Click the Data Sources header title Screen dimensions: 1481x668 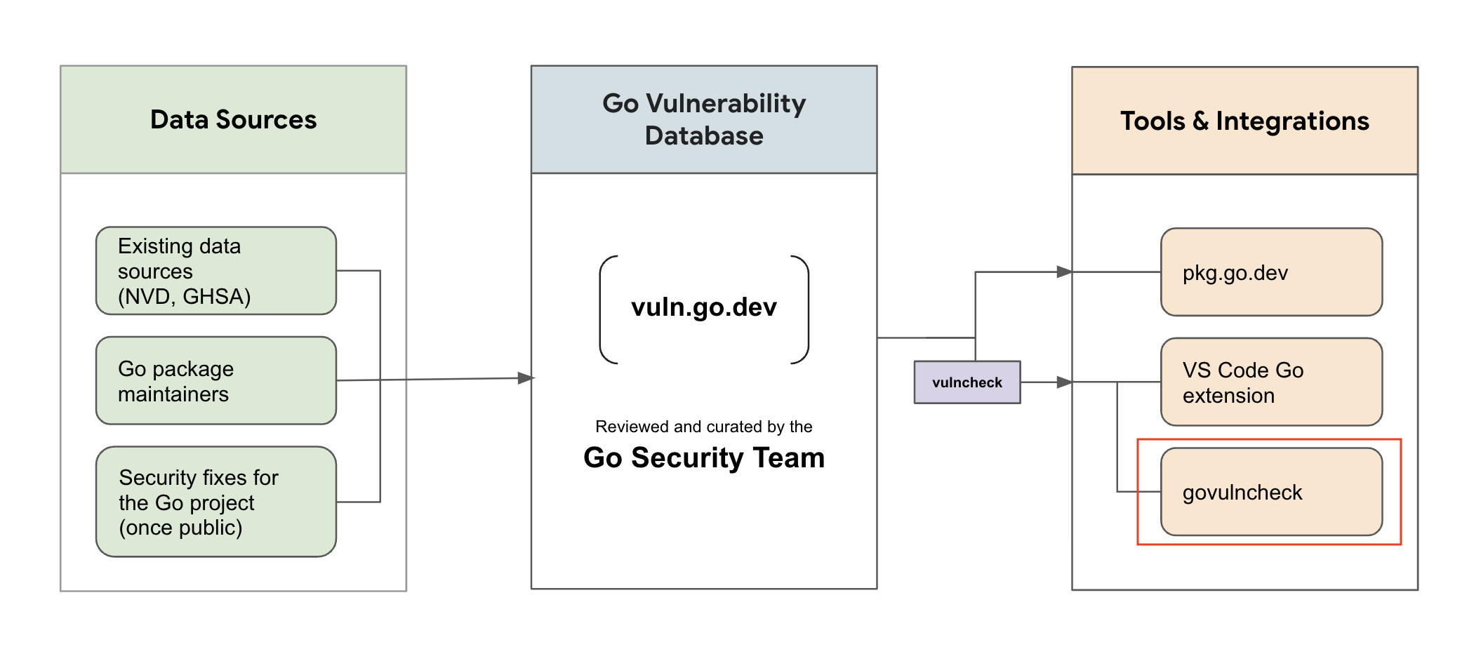[x=233, y=119]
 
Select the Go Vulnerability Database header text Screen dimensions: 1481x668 [x=704, y=119]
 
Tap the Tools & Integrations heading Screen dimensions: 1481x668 [x=1244, y=121]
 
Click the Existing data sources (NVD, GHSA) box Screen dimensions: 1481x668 [x=216, y=271]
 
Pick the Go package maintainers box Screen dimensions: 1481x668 [x=216, y=380]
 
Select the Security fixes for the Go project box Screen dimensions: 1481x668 [x=216, y=502]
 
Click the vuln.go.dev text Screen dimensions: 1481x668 [x=704, y=307]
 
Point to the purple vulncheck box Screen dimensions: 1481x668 [x=967, y=382]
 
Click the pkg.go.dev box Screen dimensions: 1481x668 [x=1272, y=272]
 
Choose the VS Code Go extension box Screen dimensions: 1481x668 [x=1272, y=382]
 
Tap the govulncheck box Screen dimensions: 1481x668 [x=1272, y=492]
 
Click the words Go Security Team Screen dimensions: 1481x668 [x=704, y=458]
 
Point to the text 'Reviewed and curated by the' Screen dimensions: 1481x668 [x=704, y=427]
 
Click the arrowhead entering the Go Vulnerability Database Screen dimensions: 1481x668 [x=526, y=378]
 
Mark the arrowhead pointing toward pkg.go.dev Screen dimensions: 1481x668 [x=1065, y=272]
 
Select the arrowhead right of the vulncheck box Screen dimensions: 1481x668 [x=1065, y=382]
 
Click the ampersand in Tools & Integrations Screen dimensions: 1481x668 [x=1200, y=121]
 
